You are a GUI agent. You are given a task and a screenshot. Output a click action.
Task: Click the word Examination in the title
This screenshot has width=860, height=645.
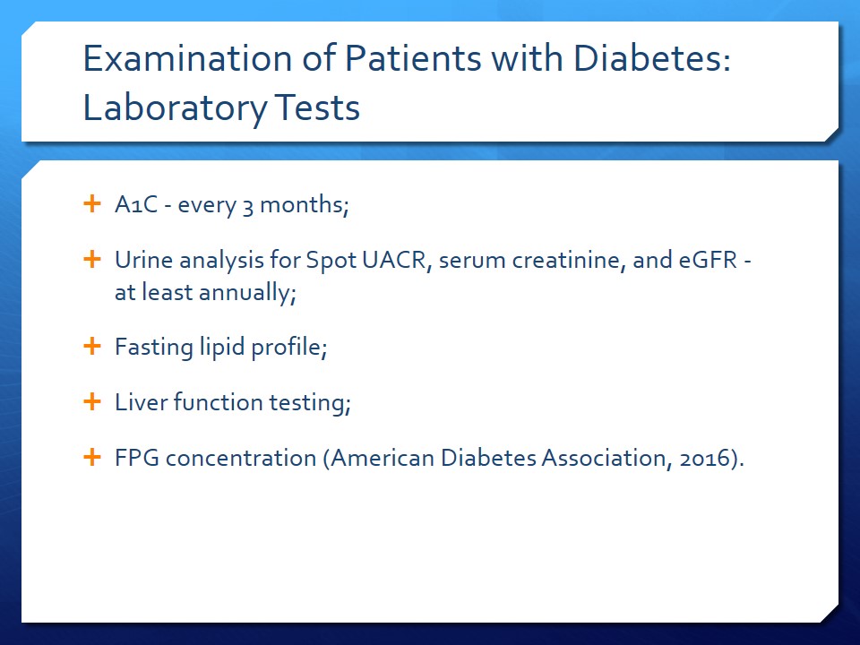pyautogui.click(x=187, y=58)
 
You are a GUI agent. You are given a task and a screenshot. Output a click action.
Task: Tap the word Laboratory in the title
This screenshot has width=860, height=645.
pyautogui.click(x=175, y=108)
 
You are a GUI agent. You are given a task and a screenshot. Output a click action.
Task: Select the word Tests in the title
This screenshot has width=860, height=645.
pyautogui.click(x=317, y=107)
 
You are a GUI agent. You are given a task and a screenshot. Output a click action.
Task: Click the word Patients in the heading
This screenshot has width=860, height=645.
pyautogui.click(x=413, y=58)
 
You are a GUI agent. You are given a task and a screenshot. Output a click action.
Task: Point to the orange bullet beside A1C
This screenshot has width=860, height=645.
pyautogui.click(x=92, y=203)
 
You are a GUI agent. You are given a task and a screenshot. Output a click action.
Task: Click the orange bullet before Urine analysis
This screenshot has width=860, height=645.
pyautogui.click(x=92, y=259)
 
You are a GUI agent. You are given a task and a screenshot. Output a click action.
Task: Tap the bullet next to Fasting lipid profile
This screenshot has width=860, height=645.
pyautogui.click(x=92, y=346)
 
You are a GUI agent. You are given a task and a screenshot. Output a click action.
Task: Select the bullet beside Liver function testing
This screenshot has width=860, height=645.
pyautogui.click(x=92, y=401)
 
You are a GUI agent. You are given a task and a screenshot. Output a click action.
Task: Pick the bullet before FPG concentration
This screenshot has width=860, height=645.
pyautogui.click(x=92, y=457)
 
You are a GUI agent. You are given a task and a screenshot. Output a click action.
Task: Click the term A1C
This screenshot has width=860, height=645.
pyautogui.click(x=136, y=204)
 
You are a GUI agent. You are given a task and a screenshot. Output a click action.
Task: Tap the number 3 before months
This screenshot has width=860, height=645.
pyautogui.click(x=248, y=207)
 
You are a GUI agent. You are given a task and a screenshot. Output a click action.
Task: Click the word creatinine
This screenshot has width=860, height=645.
pyautogui.click(x=569, y=260)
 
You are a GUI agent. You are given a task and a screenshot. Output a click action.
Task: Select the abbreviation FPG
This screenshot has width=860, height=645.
pyautogui.click(x=137, y=458)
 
